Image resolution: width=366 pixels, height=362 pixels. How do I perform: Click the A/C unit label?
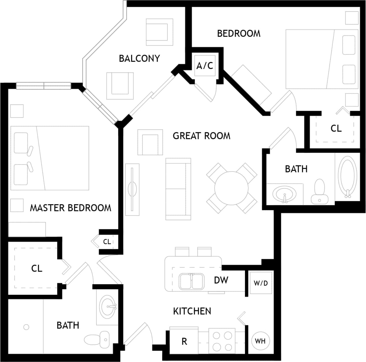(205, 66)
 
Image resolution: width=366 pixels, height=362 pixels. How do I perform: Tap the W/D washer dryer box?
(261, 283)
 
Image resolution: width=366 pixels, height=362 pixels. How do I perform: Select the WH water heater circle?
(260, 341)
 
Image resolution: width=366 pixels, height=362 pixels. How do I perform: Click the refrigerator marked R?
(184, 342)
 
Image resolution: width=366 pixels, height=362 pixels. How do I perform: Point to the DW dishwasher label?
(221, 280)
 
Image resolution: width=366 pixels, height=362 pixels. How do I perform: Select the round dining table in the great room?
(231, 188)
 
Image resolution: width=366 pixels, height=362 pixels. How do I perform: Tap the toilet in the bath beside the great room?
(319, 191)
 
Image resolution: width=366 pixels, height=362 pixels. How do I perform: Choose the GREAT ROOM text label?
(202, 136)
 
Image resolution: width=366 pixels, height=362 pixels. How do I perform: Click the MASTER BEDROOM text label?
(70, 208)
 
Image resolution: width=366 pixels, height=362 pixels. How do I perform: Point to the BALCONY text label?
(139, 58)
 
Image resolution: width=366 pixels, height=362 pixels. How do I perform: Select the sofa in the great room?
(178, 189)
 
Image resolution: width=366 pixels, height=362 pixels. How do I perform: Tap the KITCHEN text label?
(192, 311)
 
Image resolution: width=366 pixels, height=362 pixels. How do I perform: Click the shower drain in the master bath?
(26, 327)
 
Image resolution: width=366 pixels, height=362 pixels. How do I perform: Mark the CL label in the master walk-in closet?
(37, 268)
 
